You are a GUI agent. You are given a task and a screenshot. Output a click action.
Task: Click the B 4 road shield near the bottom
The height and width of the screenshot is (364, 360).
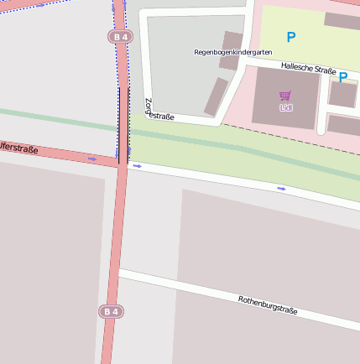[110, 311]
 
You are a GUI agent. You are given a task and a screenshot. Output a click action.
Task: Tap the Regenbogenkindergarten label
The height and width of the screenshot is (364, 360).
[233, 52]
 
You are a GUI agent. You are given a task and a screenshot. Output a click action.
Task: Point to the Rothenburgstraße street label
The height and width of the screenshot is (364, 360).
[268, 304]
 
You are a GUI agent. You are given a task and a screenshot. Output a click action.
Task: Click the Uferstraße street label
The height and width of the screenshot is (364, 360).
[18, 149]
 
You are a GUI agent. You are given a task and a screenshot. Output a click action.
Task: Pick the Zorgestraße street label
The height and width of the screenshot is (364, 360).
[158, 112]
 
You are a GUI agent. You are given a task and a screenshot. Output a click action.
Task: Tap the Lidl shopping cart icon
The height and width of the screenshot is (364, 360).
[285, 96]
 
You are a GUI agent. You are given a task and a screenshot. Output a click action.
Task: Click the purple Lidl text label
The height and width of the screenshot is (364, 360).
[286, 107]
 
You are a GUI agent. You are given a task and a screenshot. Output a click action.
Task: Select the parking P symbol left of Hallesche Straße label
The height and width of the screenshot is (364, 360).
[291, 38]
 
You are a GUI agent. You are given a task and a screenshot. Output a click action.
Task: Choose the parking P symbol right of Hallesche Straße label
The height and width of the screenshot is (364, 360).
[343, 77]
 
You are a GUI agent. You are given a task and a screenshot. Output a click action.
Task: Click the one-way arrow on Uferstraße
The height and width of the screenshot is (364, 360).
[92, 158]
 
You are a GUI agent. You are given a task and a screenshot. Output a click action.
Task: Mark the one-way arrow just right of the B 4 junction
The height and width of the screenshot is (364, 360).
[137, 166]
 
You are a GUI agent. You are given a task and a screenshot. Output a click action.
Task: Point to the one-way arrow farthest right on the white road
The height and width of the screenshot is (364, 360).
[281, 188]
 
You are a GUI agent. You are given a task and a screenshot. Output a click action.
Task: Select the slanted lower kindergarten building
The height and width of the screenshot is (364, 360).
[216, 96]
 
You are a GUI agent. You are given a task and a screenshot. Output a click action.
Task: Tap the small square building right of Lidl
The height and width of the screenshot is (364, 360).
[342, 94]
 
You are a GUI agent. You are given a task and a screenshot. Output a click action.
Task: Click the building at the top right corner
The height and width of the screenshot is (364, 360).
[342, 20]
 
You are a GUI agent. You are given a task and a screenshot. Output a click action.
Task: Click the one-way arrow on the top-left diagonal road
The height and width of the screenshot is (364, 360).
[39, 6]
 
